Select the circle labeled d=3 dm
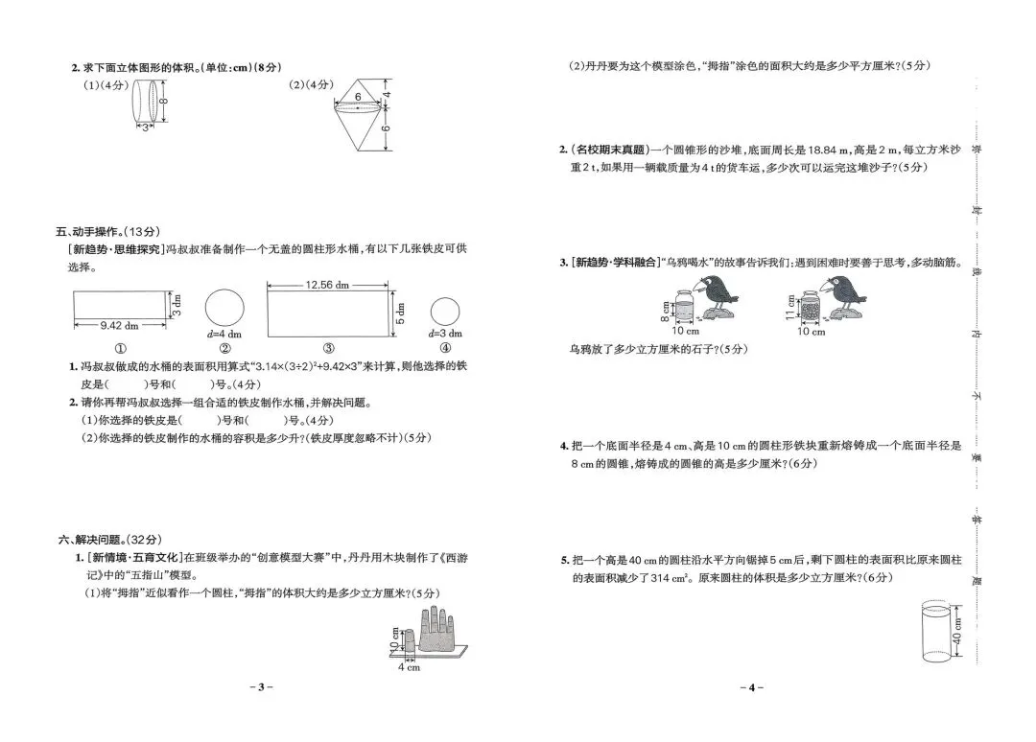[444, 311]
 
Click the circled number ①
[120, 349]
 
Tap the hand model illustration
[433, 632]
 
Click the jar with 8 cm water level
[683, 310]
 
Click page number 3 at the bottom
[260, 687]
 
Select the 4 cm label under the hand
[409, 667]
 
